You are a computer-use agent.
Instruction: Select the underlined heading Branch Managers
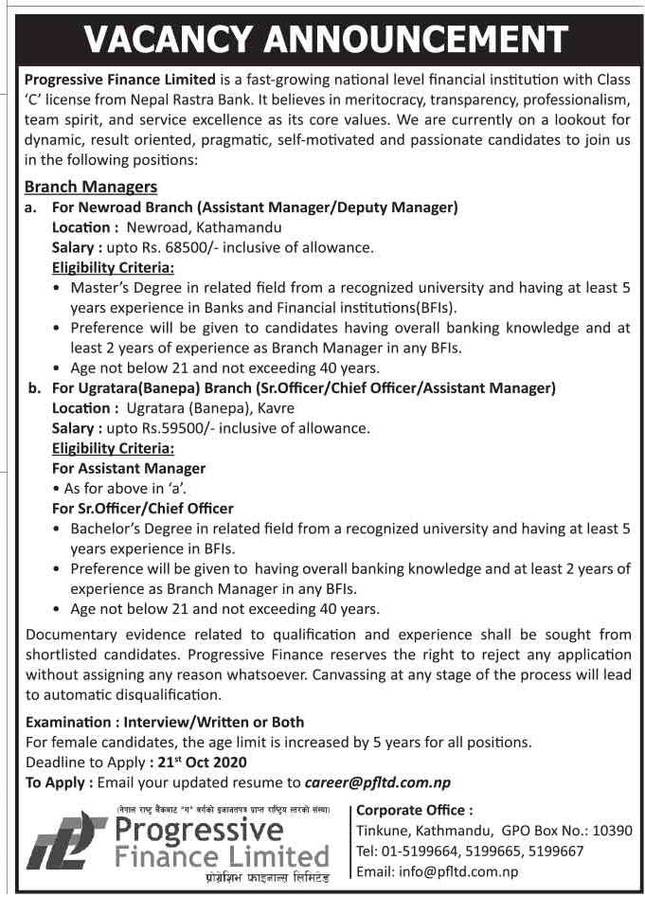point(91,187)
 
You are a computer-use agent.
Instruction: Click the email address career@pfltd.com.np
point(378,782)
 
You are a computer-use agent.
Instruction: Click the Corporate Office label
point(414,810)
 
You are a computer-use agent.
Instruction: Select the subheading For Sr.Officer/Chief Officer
point(143,508)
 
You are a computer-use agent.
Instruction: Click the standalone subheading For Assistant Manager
point(129,468)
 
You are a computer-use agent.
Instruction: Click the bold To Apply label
point(59,782)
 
